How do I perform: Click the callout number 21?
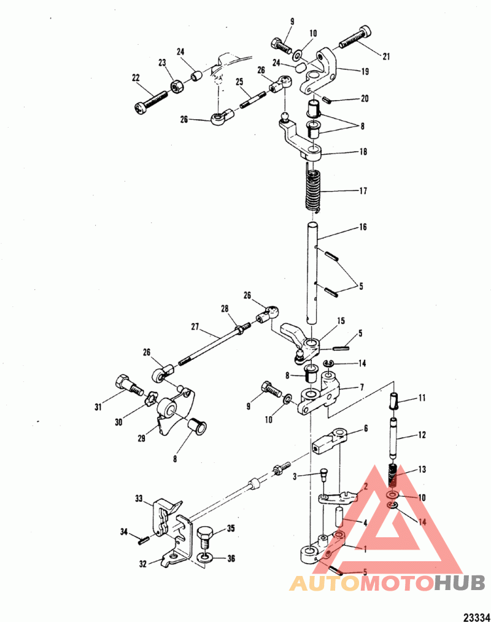(x=386, y=56)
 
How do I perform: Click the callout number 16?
(x=363, y=227)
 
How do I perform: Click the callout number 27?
(x=195, y=327)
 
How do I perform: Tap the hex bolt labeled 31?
(x=128, y=385)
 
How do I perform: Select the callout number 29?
(x=141, y=438)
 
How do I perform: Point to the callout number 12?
(x=422, y=435)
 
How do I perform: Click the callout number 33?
(x=139, y=498)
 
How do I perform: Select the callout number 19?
(x=365, y=71)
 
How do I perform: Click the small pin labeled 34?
(x=143, y=540)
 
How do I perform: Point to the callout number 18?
(x=363, y=152)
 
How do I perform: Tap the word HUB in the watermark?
(x=459, y=583)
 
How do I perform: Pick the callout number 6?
(x=366, y=428)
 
